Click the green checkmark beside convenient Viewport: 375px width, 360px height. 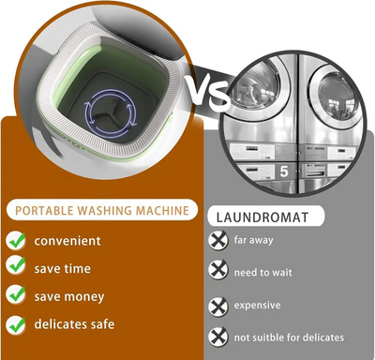click(16, 241)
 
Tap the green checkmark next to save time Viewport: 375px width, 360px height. click(16, 265)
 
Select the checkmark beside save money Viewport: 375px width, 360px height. click(16, 294)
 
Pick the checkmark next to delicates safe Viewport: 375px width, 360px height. click(16, 325)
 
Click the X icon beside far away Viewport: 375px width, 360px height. click(218, 240)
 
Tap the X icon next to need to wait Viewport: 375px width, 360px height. click(218, 270)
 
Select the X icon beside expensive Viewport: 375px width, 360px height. click(218, 307)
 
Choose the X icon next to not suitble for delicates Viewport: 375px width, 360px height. click(218, 337)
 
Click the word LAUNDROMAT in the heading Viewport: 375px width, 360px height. click(262, 217)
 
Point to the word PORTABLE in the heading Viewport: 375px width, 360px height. click(44, 210)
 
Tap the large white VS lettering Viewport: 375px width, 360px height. click(208, 92)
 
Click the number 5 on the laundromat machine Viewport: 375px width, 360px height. click(284, 172)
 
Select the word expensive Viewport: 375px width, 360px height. click(257, 306)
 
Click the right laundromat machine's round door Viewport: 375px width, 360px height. click(337, 96)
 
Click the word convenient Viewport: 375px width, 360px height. click(67, 241)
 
